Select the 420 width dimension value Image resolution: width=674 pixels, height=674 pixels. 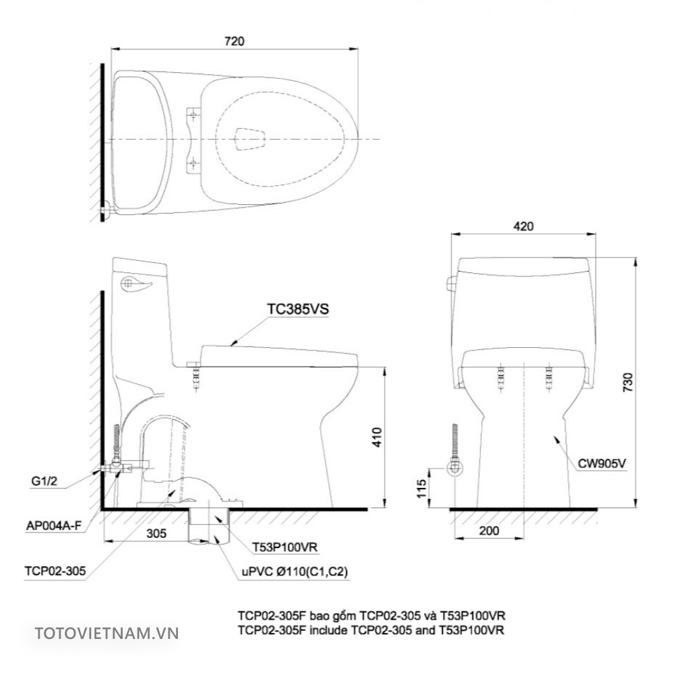523,226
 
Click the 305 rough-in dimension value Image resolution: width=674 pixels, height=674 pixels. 156,532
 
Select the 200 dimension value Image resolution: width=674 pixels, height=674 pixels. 489,530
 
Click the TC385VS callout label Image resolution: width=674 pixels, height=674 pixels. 297,309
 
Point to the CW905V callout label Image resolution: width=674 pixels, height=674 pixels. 602,463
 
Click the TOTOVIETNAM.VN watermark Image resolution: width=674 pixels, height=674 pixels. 106,633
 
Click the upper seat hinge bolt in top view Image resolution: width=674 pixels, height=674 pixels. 193,115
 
